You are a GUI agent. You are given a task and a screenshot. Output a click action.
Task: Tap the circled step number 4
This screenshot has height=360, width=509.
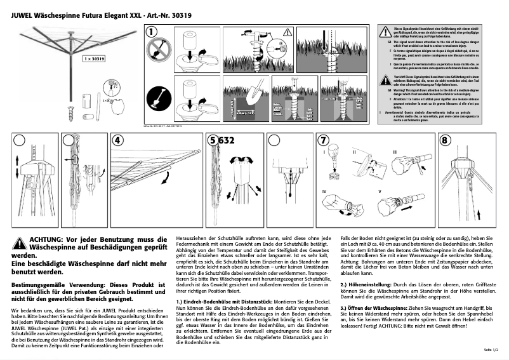click(x=117, y=140)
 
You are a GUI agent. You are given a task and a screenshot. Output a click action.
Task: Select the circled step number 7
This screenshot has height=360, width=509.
click(x=324, y=140)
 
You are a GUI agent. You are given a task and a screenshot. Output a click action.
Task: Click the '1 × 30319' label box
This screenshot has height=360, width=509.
click(x=93, y=58)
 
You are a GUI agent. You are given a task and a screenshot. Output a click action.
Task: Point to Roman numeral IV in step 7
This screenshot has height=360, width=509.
click(x=324, y=191)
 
